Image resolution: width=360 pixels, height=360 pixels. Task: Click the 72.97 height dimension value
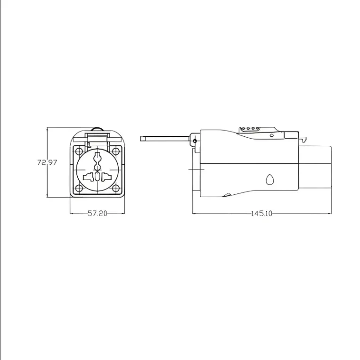point(47,162)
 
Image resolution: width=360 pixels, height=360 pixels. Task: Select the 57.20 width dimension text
point(98,213)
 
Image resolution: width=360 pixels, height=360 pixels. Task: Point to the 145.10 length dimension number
point(262,213)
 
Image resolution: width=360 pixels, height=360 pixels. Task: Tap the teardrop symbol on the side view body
point(270,180)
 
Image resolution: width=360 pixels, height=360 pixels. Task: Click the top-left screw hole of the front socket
point(78,151)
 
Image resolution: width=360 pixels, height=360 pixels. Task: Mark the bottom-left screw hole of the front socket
point(78,189)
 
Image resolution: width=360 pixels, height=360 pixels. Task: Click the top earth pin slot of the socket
point(98,159)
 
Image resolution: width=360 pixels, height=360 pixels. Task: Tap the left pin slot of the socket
point(89,177)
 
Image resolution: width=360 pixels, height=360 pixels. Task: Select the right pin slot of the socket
point(107,177)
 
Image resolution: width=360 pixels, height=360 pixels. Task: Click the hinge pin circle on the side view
point(194,141)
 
